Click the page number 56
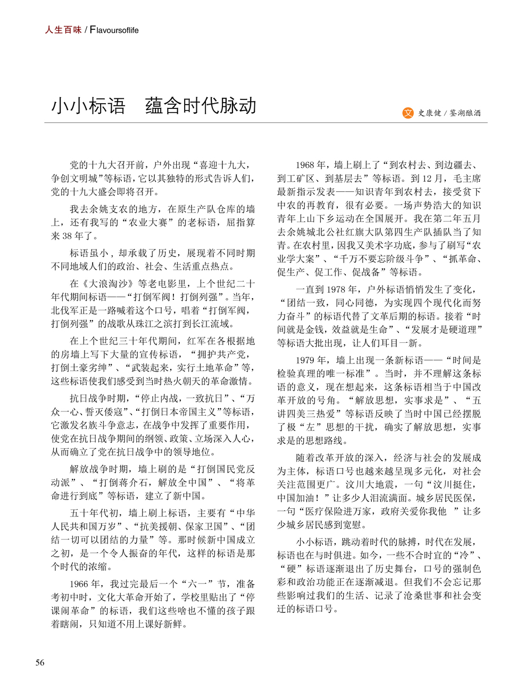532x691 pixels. point(40,662)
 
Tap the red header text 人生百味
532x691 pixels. point(63,30)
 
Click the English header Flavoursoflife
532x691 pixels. point(114,30)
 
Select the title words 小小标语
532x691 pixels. point(88,106)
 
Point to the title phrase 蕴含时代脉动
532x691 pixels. point(201,106)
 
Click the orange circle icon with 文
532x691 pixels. point(408,113)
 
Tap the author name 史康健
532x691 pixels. point(429,113)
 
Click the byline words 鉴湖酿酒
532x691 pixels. point(465,113)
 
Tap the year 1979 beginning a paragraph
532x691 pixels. point(305,360)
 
